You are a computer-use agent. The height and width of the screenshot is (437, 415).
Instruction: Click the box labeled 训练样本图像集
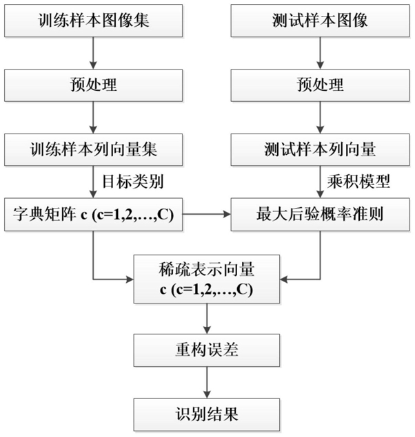coord(94,21)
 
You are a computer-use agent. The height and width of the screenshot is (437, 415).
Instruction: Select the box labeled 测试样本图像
coord(320,21)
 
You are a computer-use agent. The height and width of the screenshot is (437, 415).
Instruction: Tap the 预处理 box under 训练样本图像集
coord(94,85)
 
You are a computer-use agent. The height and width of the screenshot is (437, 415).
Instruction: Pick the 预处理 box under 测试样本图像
coord(320,85)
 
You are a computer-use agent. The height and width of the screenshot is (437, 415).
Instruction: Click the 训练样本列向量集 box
coord(94,149)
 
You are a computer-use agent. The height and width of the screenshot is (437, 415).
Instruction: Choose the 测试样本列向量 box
coord(320,149)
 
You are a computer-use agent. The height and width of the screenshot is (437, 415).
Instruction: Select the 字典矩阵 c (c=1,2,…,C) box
coord(94,215)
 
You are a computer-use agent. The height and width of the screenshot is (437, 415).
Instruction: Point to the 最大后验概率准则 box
coord(320,215)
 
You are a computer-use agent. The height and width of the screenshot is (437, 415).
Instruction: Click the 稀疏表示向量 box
coord(207,279)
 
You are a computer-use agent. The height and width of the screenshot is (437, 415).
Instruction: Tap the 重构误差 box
coord(207,350)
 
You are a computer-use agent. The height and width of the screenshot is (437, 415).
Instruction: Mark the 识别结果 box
coord(207,415)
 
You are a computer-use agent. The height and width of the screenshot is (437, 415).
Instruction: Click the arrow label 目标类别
coord(133,182)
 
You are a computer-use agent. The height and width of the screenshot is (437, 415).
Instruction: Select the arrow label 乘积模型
coord(358,182)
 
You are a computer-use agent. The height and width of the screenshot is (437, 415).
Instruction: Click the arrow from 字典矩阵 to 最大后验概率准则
coord(207,214)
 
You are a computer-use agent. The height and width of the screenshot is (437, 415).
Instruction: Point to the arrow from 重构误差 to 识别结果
coord(207,383)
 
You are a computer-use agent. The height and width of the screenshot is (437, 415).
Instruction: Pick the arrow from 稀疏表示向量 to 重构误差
coord(207,319)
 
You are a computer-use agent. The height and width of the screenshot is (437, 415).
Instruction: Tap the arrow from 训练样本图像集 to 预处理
coord(93,53)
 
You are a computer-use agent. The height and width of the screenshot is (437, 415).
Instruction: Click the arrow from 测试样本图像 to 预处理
coord(320,53)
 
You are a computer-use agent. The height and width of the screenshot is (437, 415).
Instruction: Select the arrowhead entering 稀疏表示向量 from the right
coord(283,279)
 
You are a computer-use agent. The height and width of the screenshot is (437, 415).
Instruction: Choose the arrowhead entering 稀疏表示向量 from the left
coord(130,279)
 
